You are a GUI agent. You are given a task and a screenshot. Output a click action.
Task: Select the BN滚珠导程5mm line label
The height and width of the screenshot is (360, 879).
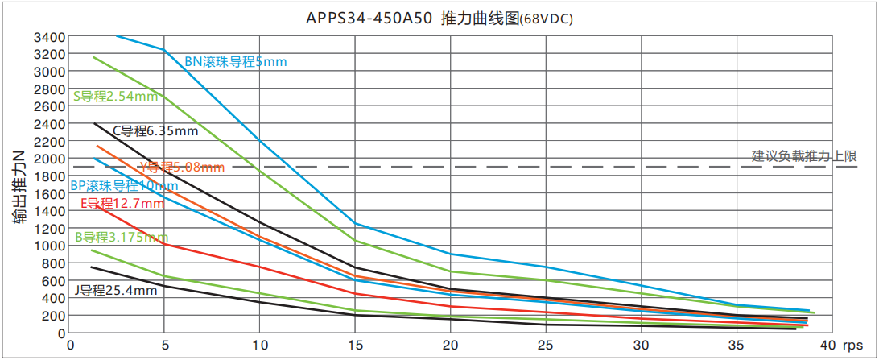235,61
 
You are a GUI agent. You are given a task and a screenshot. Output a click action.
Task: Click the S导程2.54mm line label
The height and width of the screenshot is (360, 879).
115,97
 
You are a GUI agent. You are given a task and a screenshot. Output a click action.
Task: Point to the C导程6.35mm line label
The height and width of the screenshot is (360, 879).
155,130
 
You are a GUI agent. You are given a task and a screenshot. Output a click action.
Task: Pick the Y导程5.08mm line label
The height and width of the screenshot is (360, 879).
181,168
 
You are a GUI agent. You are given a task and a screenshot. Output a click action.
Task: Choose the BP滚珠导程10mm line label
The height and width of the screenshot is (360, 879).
124,185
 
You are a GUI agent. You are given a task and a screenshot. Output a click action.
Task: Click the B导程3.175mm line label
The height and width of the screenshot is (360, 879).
122,237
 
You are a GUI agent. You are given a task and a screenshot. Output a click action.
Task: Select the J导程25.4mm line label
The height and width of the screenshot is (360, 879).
116,289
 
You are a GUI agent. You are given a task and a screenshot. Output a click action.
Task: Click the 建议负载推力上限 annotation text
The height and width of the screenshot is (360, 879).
803,156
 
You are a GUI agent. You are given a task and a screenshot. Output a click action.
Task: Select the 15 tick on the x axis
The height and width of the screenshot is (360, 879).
355,345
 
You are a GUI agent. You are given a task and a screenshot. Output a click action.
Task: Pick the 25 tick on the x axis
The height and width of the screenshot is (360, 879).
546,345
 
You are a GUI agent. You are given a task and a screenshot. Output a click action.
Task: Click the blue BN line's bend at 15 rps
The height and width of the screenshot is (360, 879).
355,224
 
